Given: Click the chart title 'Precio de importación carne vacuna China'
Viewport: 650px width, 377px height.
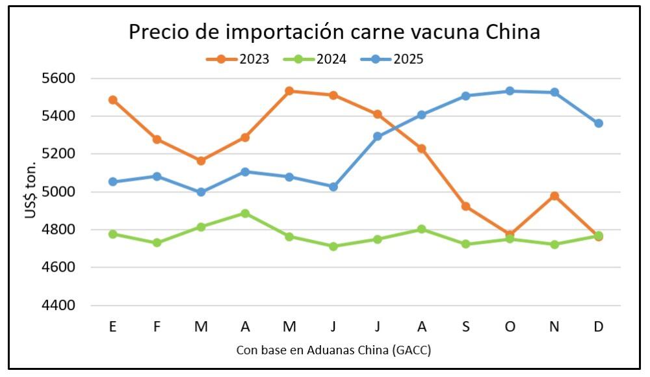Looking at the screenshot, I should click(334, 32).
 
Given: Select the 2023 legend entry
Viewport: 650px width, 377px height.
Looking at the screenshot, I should click(254, 59).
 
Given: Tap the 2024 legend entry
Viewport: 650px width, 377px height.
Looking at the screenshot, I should click(331, 59).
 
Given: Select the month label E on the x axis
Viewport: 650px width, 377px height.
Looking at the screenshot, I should click(113, 326).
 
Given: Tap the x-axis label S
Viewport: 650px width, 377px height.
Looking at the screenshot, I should click(466, 326).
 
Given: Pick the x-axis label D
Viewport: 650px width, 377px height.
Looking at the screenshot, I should click(599, 326).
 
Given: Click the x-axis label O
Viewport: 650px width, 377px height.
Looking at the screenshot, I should click(510, 326).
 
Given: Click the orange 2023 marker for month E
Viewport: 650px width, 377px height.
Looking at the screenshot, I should click(113, 100).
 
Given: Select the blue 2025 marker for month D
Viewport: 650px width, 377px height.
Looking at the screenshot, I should click(599, 123).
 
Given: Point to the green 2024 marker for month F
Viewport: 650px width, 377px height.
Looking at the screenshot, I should click(157, 242).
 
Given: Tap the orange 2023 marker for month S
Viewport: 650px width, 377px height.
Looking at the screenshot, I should click(466, 206).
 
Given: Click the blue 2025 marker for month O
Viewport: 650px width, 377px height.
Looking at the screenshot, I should click(510, 91).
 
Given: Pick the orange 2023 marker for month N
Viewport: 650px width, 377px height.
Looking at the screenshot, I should click(554, 196).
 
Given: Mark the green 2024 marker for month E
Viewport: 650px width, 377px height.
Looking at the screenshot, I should click(113, 234).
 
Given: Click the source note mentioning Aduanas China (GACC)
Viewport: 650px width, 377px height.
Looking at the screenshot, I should click(333, 350).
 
